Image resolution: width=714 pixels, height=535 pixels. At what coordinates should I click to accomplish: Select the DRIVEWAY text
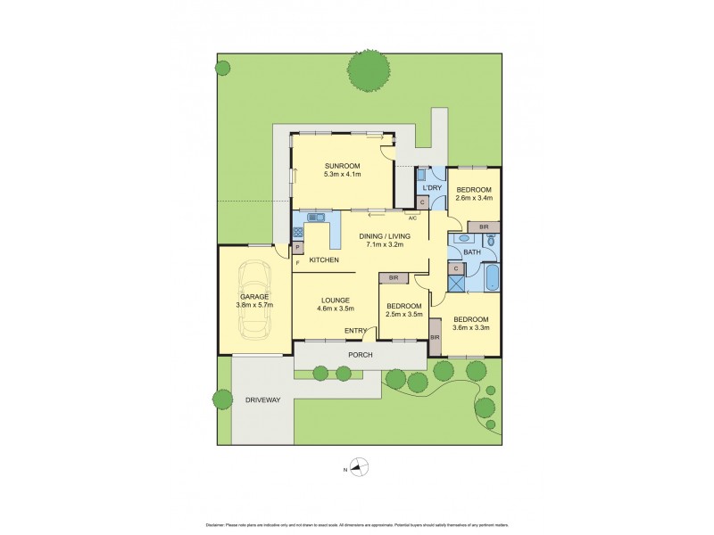pyautogui.click(x=262, y=400)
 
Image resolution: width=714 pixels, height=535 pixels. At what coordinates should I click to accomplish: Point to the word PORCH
pyautogui.click(x=360, y=354)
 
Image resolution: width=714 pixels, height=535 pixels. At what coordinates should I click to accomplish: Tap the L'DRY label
pyautogui.click(x=432, y=187)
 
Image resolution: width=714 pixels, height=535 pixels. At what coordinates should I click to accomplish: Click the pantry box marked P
pyautogui.click(x=297, y=247)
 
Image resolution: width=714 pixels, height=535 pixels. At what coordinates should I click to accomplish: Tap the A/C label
pyautogui.click(x=412, y=218)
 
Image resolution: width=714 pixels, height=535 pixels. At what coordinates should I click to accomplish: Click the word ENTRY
pyautogui.click(x=357, y=332)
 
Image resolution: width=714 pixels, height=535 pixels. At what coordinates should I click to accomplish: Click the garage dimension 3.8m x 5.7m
pyautogui.click(x=255, y=305)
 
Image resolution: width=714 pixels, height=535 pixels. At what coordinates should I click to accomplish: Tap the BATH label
pyautogui.click(x=471, y=252)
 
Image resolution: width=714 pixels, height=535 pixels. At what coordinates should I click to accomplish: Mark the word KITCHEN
pyautogui.click(x=324, y=259)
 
